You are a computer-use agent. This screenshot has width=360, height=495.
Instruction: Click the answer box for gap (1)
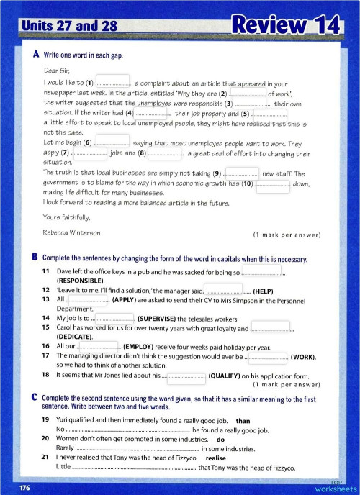pos(112,82)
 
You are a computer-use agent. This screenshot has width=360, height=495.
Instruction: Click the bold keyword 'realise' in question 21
pos(217,457)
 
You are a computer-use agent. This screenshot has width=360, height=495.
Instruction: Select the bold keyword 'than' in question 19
pos(243,419)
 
